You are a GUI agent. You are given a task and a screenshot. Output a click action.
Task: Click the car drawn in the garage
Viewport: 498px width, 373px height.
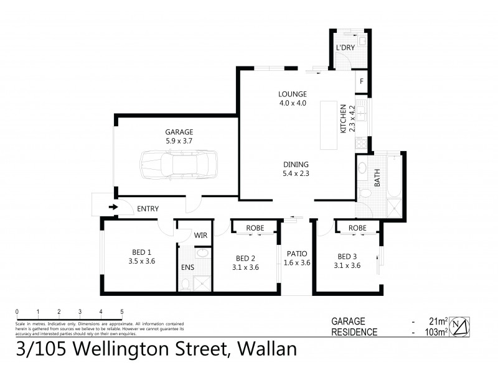(175, 165)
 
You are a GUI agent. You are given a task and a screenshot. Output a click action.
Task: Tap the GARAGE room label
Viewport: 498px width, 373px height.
(179, 132)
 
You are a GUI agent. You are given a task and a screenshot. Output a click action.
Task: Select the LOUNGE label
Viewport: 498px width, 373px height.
(293, 94)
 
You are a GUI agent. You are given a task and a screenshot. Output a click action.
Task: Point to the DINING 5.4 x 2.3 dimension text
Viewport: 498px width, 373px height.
(296, 173)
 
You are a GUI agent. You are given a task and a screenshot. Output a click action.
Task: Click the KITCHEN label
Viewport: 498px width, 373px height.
(343, 118)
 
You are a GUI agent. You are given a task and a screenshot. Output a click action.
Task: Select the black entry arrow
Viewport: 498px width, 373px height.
(113, 208)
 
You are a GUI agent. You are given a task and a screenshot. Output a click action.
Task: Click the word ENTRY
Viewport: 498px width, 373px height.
(148, 208)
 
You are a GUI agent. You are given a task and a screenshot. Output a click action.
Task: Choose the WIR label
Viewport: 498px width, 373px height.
(200, 235)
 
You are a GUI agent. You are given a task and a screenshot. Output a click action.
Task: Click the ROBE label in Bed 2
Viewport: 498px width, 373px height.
(254, 228)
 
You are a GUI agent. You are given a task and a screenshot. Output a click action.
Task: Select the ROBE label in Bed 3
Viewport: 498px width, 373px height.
(357, 228)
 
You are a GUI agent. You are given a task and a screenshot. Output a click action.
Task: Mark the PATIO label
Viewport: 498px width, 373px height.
(298, 254)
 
